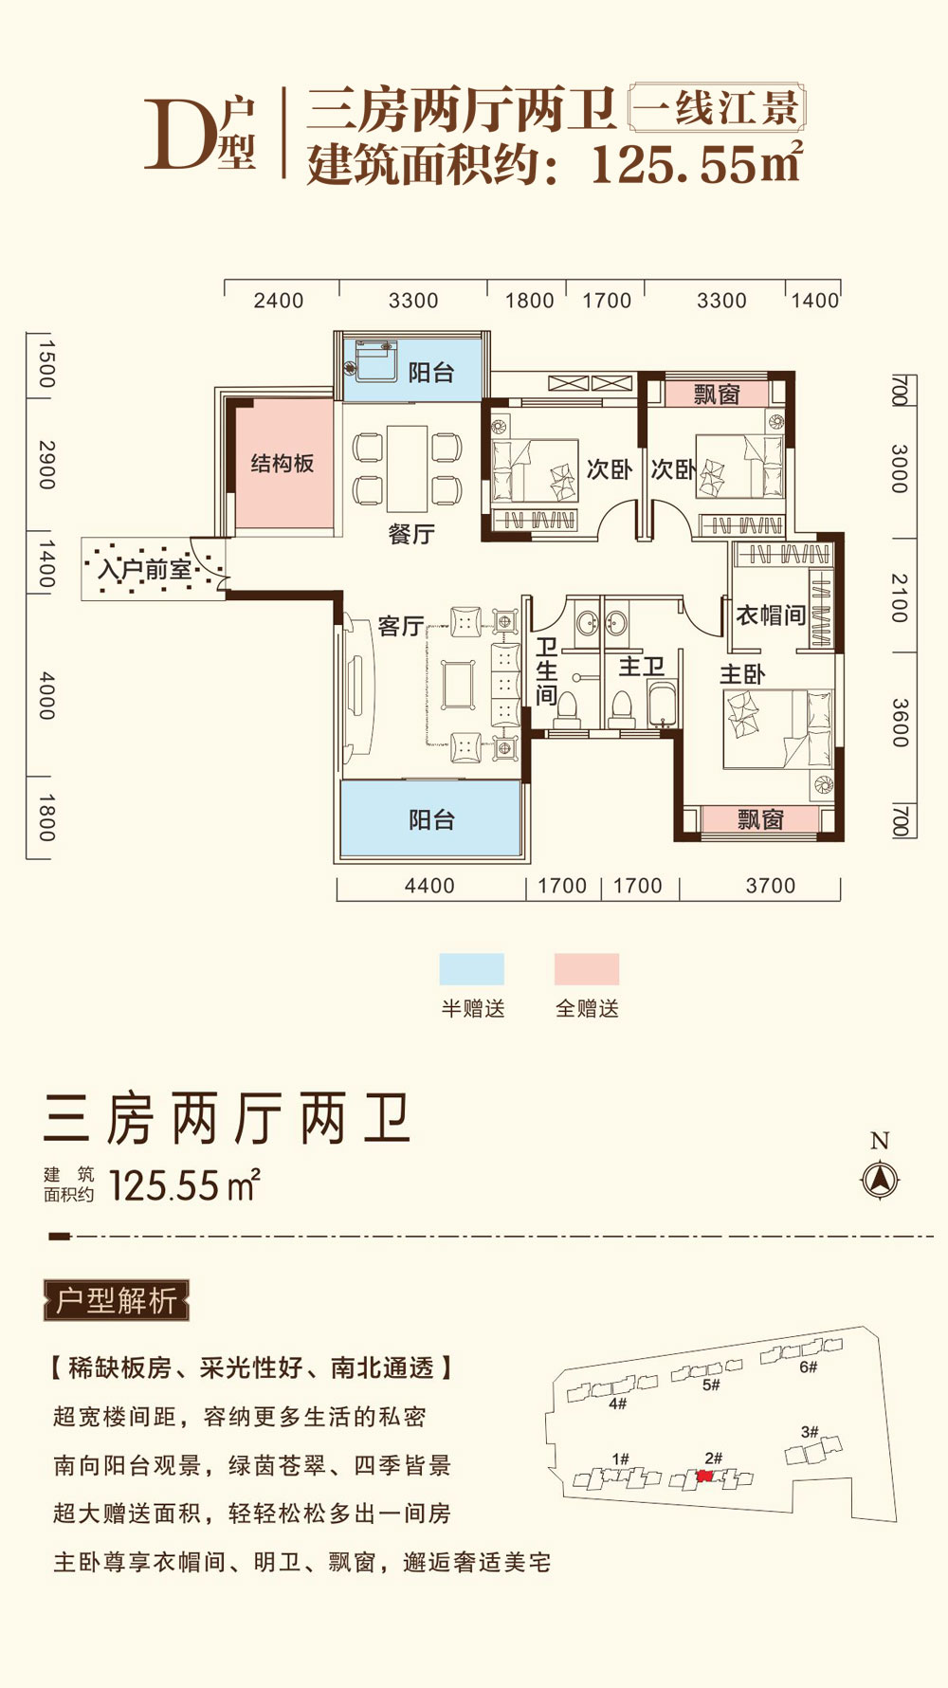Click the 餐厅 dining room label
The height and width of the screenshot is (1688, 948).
tap(411, 534)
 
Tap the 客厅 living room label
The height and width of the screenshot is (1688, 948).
tap(400, 626)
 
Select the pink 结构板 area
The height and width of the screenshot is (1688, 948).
tap(283, 464)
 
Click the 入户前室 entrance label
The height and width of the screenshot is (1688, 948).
tap(145, 570)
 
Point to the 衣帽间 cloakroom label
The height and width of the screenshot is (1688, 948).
tap(771, 615)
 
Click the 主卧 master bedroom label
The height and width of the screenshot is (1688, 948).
tap(742, 674)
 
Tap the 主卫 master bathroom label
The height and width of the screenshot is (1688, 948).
tap(641, 667)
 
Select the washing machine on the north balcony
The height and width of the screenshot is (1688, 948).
tap(374, 360)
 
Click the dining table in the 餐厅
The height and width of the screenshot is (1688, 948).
tap(408, 468)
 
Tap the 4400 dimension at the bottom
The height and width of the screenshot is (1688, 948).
tap(429, 886)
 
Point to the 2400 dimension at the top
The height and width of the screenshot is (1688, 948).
tap(279, 301)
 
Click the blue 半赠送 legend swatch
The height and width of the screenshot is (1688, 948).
tap(471, 969)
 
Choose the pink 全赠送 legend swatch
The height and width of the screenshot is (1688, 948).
tap(587, 969)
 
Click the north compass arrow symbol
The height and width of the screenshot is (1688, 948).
tap(880, 1181)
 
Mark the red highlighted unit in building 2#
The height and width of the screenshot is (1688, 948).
tap(704, 1477)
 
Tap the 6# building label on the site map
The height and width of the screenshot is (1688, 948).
tap(808, 1367)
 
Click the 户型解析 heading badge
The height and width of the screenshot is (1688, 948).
tap(117, 1300)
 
